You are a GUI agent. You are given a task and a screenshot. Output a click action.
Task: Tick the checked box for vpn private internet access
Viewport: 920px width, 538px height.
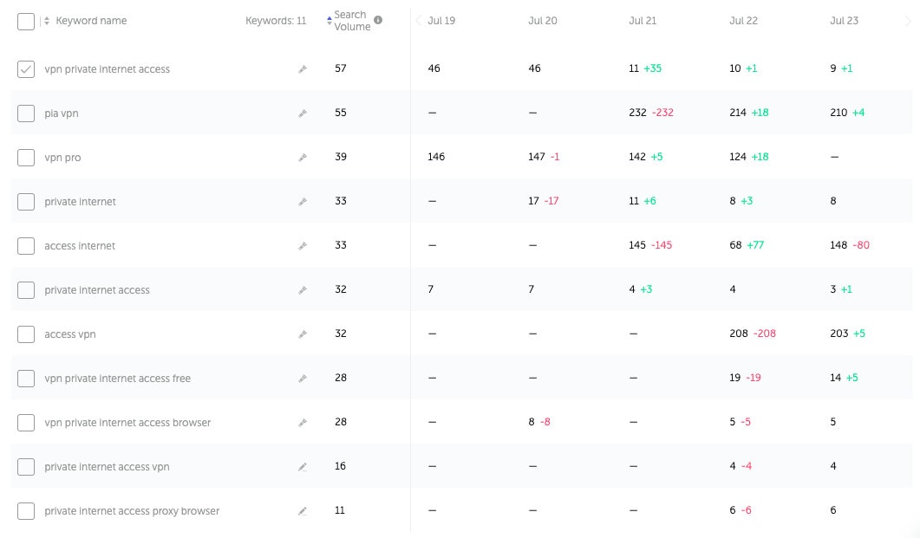click(26, 69)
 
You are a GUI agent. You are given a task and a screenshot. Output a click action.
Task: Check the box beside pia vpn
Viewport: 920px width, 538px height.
click(26, 113)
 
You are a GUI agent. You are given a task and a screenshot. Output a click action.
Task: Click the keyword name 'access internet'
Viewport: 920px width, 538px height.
click(80, 246)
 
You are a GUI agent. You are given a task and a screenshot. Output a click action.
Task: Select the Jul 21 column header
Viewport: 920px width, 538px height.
click(643, 21)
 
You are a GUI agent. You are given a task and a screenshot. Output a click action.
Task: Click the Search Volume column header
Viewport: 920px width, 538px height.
click(352, 21)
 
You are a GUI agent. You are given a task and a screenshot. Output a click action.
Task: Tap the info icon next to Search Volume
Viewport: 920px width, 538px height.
click(378, 20)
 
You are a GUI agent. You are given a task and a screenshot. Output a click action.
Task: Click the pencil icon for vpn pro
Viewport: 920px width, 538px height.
click(303, 158)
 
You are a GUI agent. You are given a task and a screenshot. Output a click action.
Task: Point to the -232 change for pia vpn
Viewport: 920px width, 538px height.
click(663, 113)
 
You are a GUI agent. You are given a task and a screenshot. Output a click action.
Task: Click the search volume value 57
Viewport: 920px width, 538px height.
click(341, 68)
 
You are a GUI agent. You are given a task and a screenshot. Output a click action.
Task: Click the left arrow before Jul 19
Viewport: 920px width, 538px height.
click(419, 21)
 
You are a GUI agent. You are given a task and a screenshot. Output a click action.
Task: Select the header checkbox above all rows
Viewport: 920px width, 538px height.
click(26, 22)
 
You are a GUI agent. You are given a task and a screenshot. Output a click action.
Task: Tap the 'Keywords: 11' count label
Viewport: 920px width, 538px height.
click(276, 21)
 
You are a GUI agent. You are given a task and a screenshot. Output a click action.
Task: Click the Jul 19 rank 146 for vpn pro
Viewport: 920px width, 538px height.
click(436, 157)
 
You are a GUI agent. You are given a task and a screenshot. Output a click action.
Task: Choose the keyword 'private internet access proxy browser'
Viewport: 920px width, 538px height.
click(132, 511)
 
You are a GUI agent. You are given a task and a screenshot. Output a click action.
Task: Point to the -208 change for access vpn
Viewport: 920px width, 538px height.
click(764, 334)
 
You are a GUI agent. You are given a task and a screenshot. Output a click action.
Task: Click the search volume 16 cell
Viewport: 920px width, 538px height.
click(341, 466)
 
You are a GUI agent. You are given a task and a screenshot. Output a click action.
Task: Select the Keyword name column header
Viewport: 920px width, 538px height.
click(91, 21)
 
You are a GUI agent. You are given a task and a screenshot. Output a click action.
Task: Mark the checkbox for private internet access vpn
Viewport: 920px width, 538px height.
click(26, 467)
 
